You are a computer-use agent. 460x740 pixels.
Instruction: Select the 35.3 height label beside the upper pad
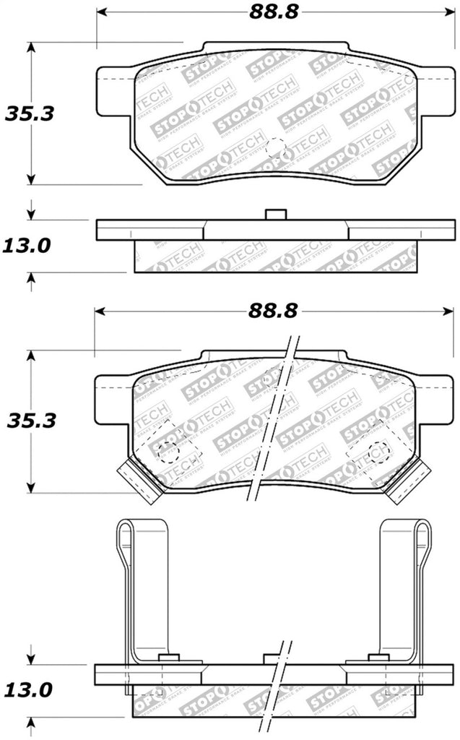30,113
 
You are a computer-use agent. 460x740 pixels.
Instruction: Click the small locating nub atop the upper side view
275,215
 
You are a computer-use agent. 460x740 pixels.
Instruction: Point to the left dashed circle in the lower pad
168,451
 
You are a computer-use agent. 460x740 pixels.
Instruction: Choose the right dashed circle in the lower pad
377,454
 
